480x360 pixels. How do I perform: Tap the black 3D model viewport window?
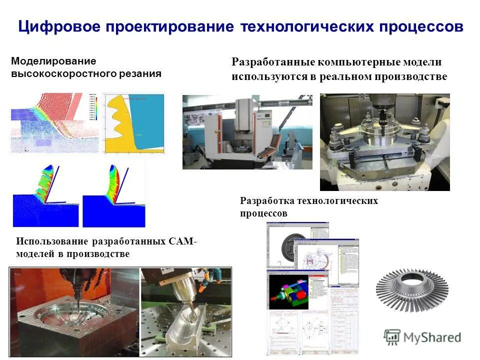(x=285, y=289)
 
